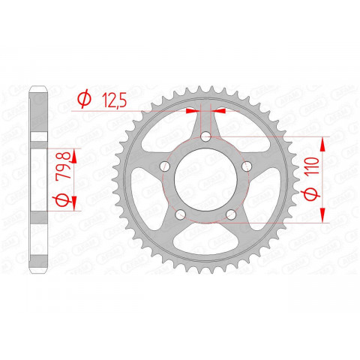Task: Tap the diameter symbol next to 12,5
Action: point(84,98)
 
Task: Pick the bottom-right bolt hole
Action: point(232,215)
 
